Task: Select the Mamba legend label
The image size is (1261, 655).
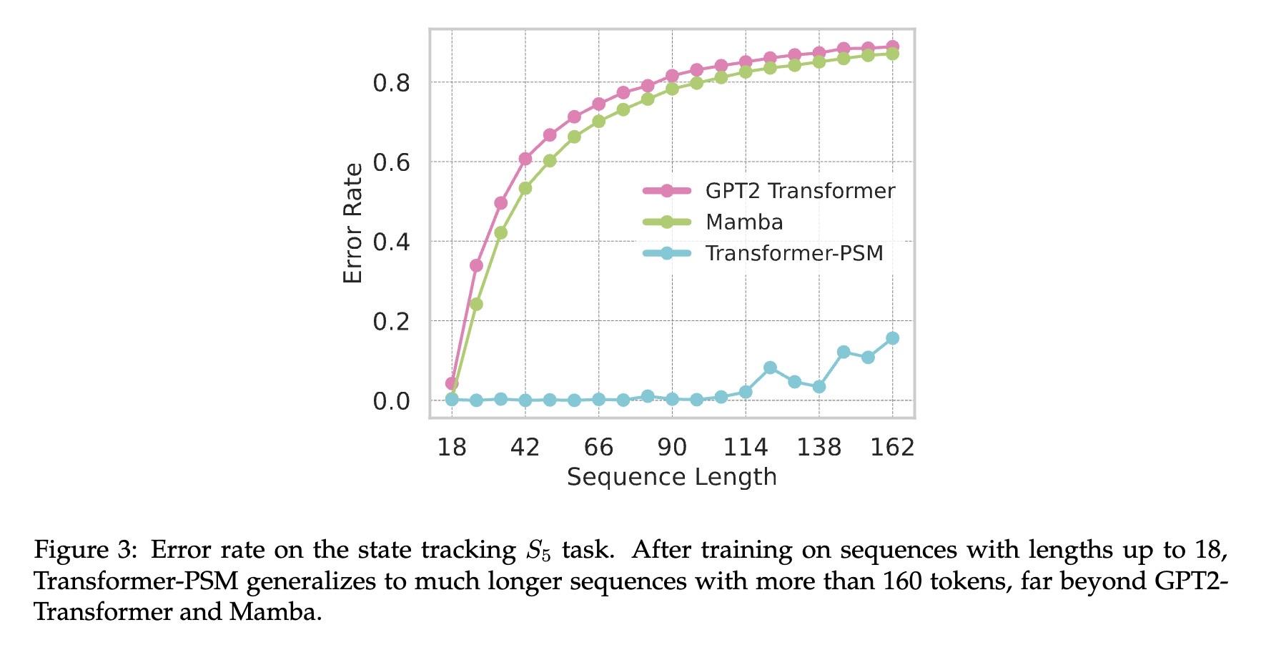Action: pos(743,222)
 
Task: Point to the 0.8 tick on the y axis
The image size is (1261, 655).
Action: pos(391,83)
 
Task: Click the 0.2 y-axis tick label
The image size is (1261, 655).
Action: pos(391,322)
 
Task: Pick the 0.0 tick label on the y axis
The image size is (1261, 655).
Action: pos(391,401)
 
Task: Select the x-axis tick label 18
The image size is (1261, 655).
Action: pos(452,448)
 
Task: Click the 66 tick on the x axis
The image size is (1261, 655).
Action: pos(598,448)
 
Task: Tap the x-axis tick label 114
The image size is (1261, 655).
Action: pos(746,448)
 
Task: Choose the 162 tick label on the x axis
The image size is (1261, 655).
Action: pos(892,448)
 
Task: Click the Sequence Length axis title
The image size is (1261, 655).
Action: pos(671,477)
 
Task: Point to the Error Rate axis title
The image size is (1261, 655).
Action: pos(353,224)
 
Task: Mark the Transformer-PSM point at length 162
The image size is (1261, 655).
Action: pos(892,338)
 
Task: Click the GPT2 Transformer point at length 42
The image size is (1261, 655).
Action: pos(525,159)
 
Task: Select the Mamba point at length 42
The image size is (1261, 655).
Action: pos(525,188)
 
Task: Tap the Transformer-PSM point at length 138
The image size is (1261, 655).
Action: pos(819,387)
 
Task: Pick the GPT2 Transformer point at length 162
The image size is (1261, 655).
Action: pos(892,46)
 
